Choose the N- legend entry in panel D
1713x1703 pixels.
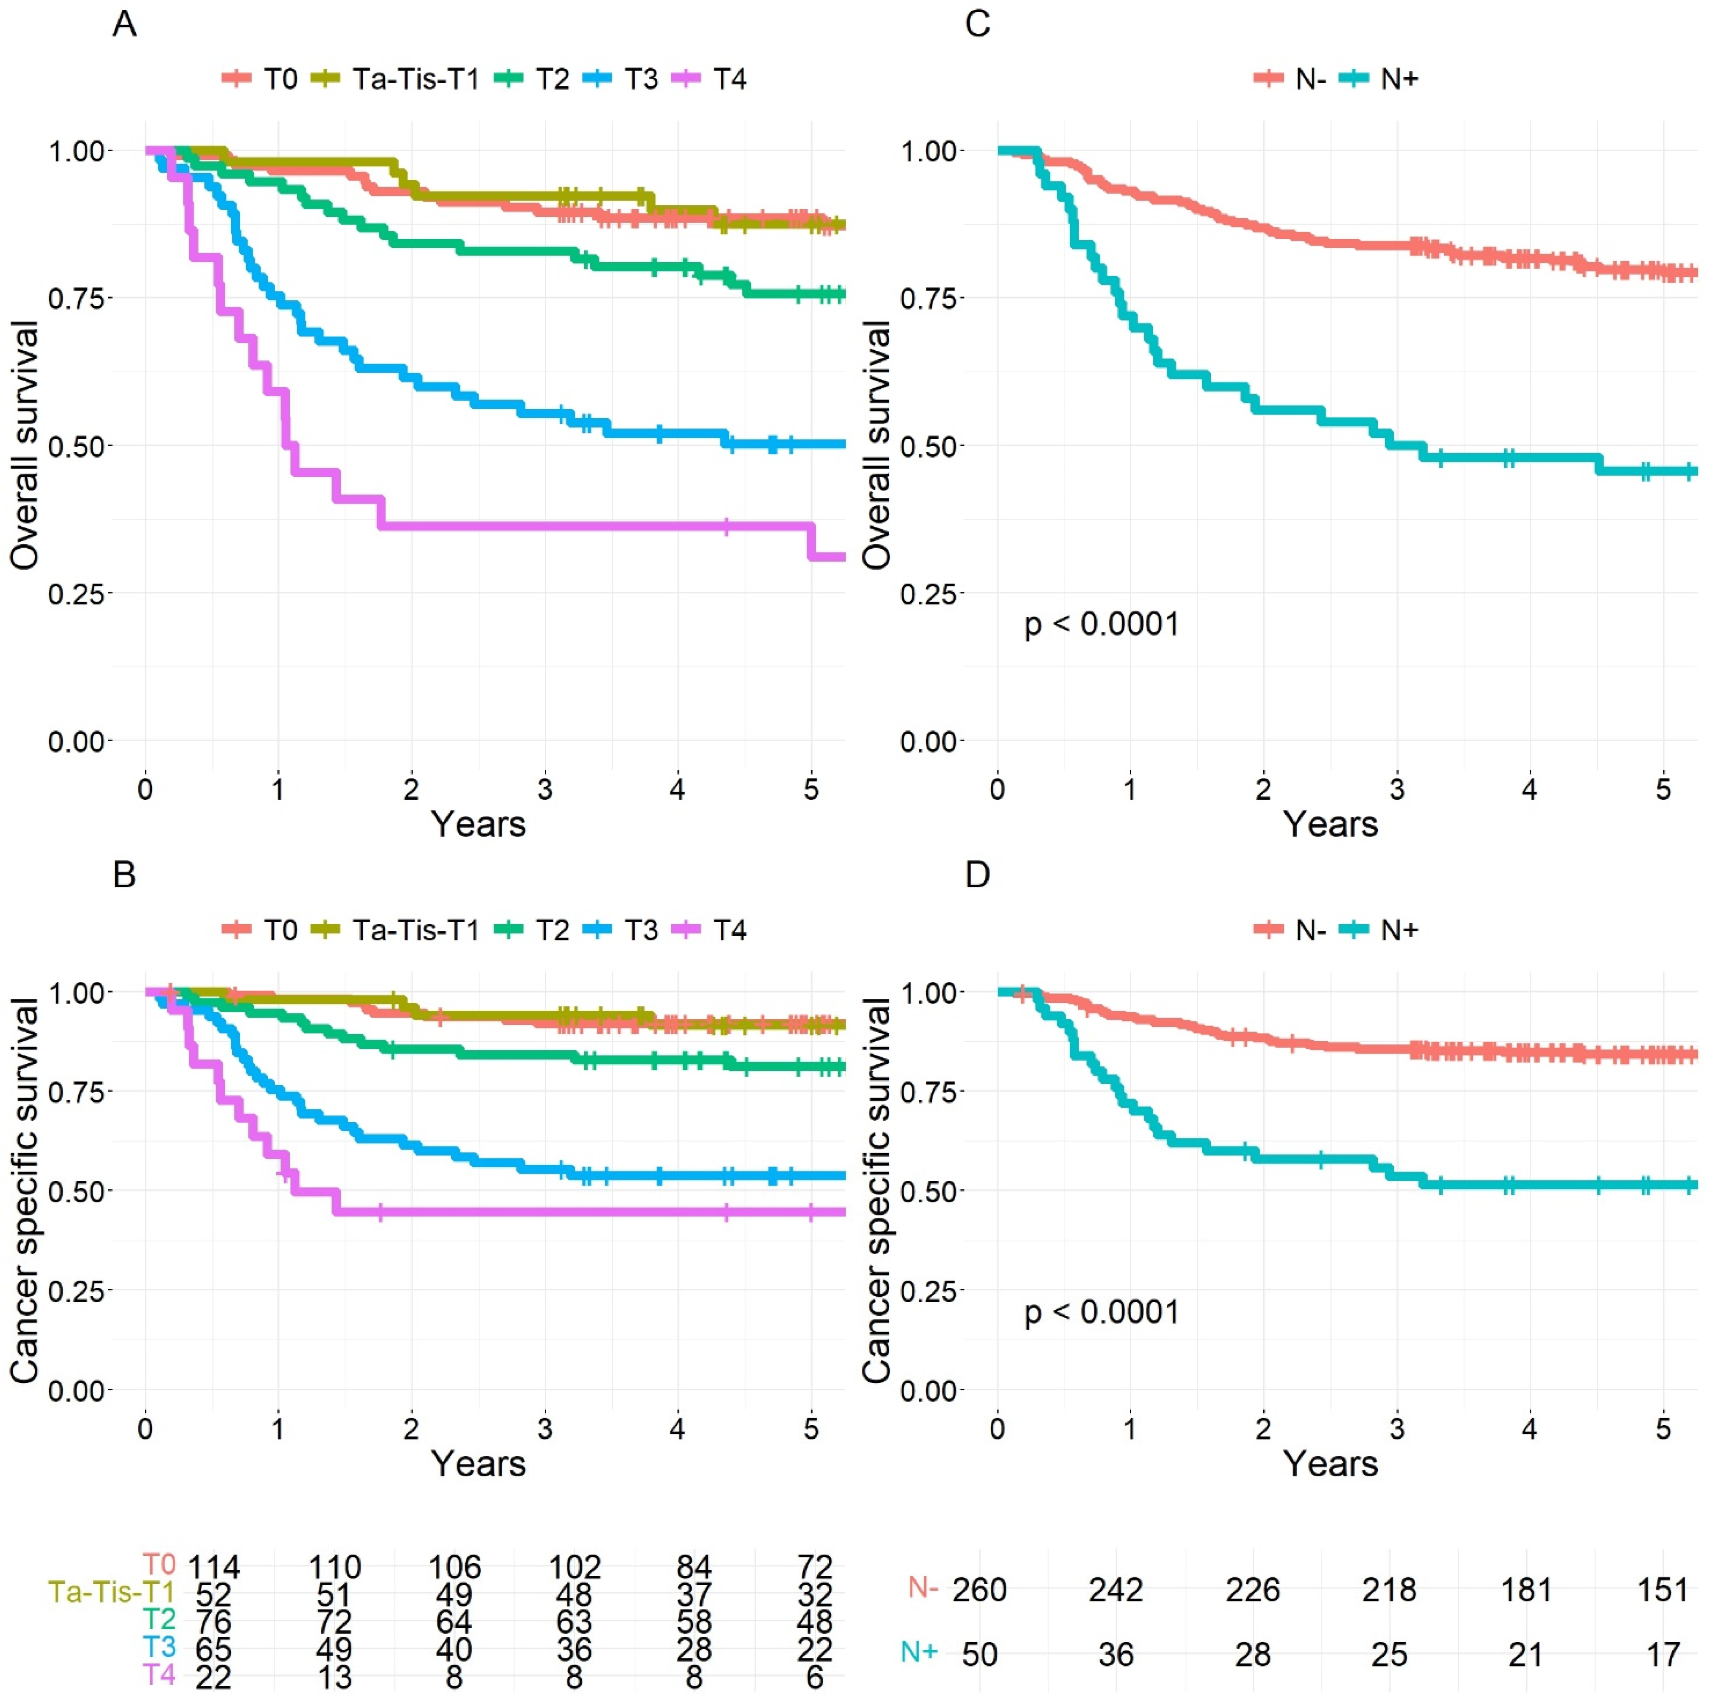1291,930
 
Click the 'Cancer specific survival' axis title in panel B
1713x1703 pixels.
25,1191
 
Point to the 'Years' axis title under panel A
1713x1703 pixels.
479,825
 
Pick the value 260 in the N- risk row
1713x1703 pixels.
980,1589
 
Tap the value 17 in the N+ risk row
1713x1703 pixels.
1663,1654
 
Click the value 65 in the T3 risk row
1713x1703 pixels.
214,1650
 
